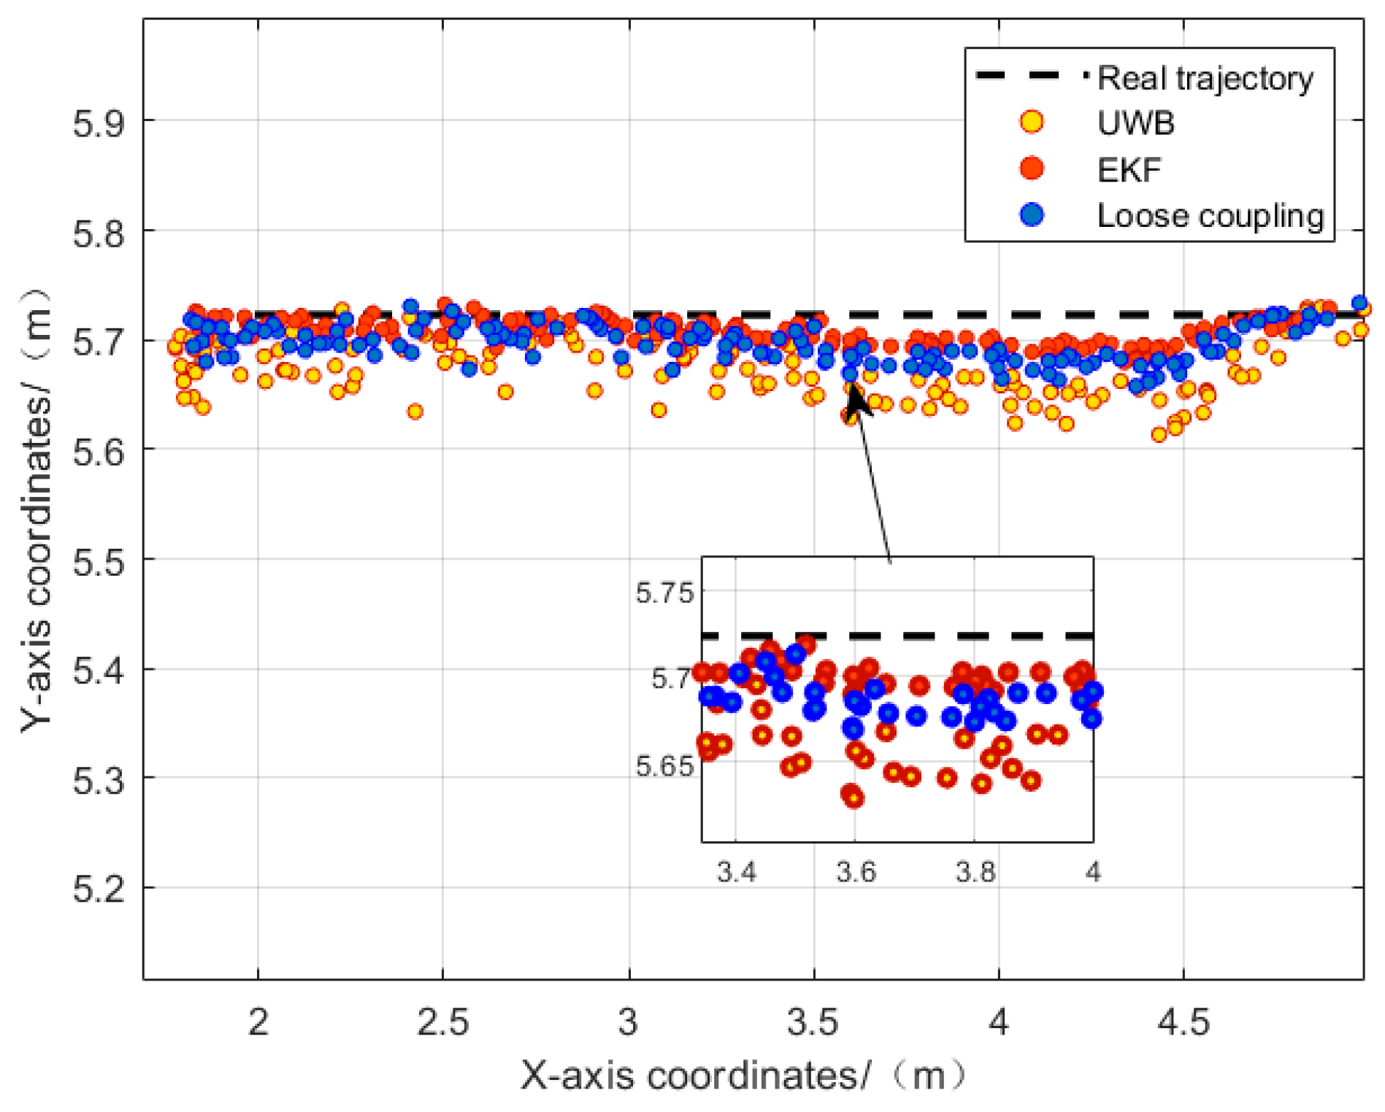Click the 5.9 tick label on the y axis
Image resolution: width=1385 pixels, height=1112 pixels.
click(x=98, y=122)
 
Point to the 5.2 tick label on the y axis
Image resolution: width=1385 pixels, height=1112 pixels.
click(x=98, y=889)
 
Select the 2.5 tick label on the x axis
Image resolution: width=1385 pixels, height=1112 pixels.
click(x=442, y=1022)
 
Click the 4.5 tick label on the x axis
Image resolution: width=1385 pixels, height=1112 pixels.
click(x=1183, y=1022)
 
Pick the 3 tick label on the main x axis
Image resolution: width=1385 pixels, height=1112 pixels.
click(x=628, y=1022)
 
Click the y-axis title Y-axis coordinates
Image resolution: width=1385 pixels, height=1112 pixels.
click(x=37, y=511)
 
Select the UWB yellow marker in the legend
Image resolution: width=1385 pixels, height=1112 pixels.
click(x=1031, y=122)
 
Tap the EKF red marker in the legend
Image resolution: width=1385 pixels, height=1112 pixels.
click(x=1031, y=169)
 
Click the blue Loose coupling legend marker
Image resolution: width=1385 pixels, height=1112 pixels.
click(x=1031, y=215)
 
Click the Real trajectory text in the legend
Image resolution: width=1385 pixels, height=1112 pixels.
click(x=1205, y=78)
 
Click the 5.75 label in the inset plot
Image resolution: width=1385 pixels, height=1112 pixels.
click(x=664, y=593)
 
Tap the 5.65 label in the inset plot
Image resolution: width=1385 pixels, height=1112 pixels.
click(x=664, y=767)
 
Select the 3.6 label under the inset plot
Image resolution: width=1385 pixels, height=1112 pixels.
click(x=856, y=872)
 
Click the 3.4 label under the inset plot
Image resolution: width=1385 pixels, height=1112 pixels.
click(x=736, y=872)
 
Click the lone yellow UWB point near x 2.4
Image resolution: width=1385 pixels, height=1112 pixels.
click(x=415, y=412)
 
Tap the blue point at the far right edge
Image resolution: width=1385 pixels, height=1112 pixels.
click(x=1359, y=303)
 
